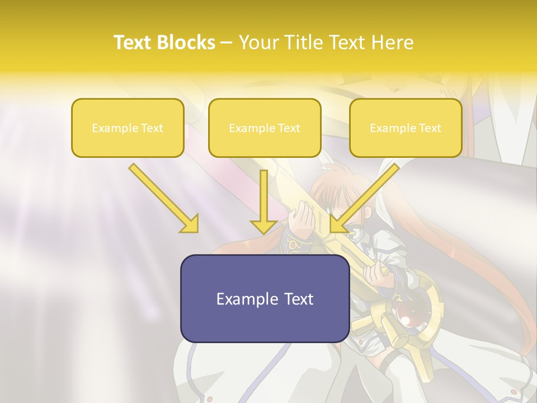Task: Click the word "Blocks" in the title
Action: pyautogui.click(x=186, y=43)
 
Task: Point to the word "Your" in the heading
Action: pyautogui.click(x=258, y=43)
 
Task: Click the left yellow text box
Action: pyautogui.click(x=128, y=128)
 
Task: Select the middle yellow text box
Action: pyautogui.click(x=265, y=128)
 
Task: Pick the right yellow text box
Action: pyautogui.click(x=406, y=128)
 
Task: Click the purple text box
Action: pyautogui.click(x=265, y=298)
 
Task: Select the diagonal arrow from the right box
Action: pyautogui.click(x=366, y=196)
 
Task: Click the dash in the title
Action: pyautogui.click(x=227, y=43)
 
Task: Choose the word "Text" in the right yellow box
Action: pyautogui.click(x=430, y=128)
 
